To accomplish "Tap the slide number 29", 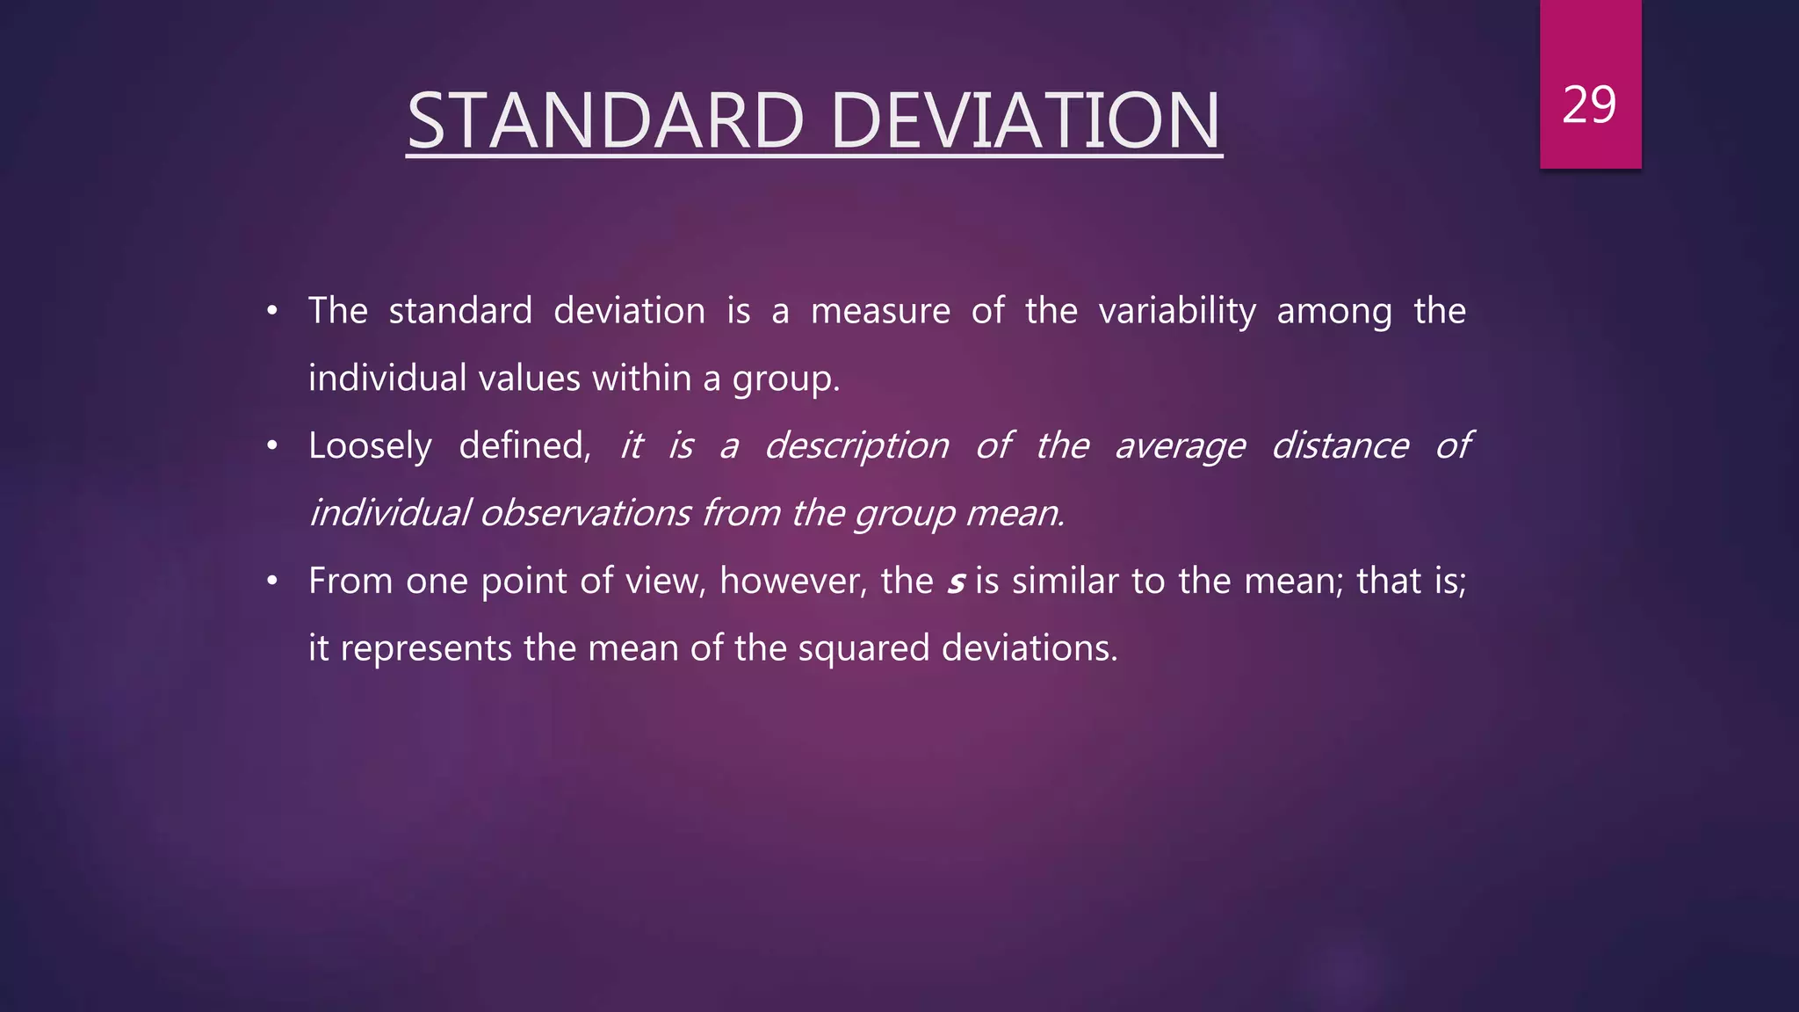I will click(1589, 105).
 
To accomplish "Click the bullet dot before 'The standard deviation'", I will click(272, 311).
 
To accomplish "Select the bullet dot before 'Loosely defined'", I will click(272, 446).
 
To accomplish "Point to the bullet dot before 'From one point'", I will click(272, 581).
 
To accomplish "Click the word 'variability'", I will click(1177, 312).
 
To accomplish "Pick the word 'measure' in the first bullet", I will click(880, 312).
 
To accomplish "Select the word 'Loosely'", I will click(370, 446).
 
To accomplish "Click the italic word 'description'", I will click(856, 446).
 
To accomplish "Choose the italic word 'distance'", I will click(1340, 445).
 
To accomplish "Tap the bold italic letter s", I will click(956, 582).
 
